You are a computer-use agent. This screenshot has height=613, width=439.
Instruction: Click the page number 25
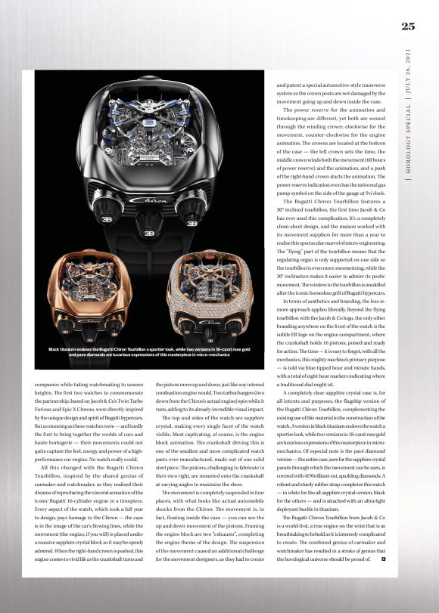(408, 26)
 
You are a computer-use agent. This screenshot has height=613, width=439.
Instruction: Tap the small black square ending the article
(385, 580)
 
